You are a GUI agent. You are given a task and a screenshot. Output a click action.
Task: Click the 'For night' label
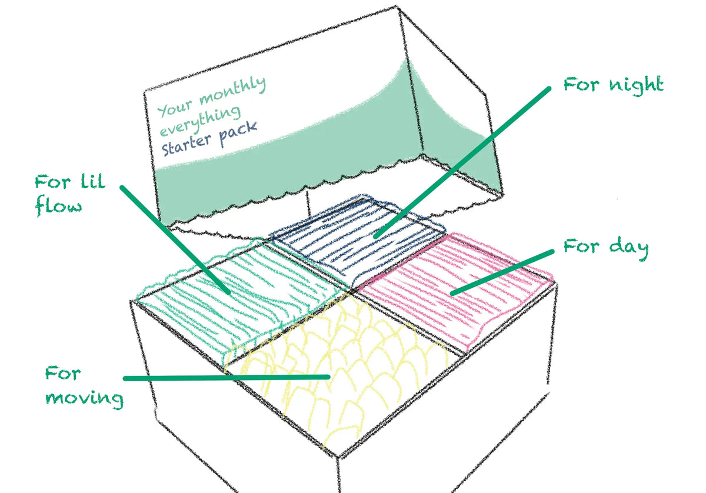(613, 85)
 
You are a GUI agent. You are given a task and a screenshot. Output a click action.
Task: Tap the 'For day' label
(605, 246)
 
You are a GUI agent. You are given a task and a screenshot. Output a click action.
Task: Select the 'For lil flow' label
(69, 194)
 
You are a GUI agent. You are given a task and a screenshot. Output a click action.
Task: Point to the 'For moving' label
(84, 386)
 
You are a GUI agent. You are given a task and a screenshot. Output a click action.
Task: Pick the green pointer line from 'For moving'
(227, 377)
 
